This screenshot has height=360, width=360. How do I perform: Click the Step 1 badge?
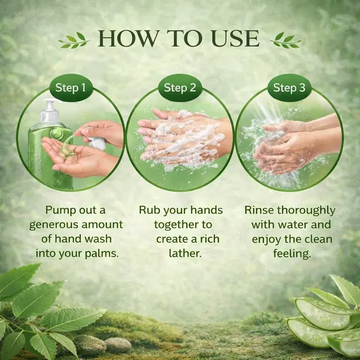tap(71, 88)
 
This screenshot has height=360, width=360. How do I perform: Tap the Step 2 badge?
tap(180, 88)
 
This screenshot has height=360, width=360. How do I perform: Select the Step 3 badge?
tap(289, 88)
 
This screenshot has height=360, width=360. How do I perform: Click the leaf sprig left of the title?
tap(74, 40)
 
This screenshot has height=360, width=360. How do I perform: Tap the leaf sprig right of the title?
tap(286, 40)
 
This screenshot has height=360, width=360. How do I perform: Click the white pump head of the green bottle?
tap(50, 111)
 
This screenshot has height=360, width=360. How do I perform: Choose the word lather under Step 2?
tap(185, 253)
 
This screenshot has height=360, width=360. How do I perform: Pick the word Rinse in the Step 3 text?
tap(259, 210)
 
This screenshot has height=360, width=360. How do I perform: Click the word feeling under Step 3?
tap(292, 254)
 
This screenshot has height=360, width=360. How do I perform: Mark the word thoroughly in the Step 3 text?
tap(306, 210)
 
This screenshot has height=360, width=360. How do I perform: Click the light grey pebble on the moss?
tap(118, 345)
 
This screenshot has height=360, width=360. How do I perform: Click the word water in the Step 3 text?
tap(292, 224)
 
